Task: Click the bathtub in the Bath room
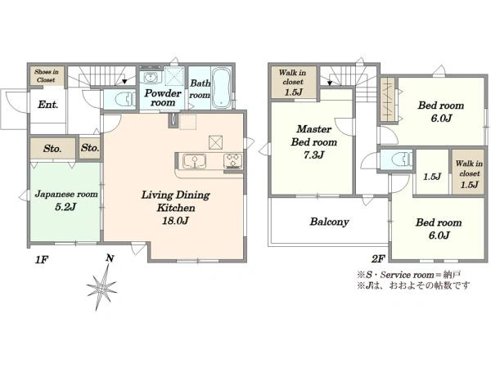coord(221,88)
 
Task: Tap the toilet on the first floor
coord(124,100)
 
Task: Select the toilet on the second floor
coord(402,159)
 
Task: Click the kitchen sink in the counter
coord(194,161)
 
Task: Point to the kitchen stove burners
coord(233,161)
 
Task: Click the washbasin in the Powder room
coord(151,77)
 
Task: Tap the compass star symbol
coord(102,287)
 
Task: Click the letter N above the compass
coord(110,258)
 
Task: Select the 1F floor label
coord(41,259)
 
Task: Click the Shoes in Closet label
coord(47,76)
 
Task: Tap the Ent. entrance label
coord(48,105)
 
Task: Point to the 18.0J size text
coord(175,221)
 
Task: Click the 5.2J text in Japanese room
coord(65,207)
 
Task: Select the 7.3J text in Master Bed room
coord(313,155)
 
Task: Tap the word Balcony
coord(329,222)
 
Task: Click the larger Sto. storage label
coord(52,148)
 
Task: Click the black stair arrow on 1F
coord(124,82)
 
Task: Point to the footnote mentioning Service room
coord(409,275)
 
